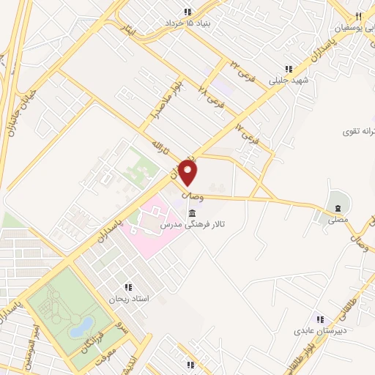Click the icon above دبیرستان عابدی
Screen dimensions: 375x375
[x=319, y=319]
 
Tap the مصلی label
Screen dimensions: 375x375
[x=338, y=219]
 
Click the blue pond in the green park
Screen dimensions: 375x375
[x=81, y=327]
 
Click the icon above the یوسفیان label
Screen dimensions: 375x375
[x=357, y=17]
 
